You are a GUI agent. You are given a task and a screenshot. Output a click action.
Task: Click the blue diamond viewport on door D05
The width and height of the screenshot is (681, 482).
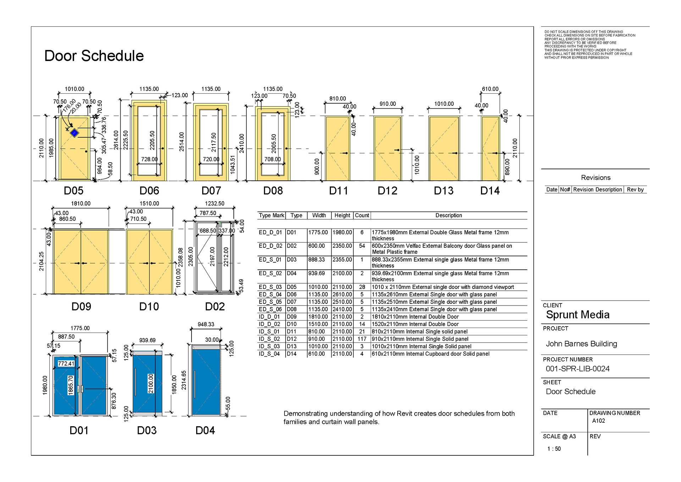(x=74, y=133)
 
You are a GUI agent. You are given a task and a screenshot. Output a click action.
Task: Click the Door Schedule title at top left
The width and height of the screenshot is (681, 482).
(x=94, y=56)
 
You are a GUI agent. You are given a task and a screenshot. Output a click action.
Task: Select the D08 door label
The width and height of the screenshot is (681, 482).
(x=273, y=191)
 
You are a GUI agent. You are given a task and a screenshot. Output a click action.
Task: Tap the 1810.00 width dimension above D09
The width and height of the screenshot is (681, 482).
(x=81, y=204)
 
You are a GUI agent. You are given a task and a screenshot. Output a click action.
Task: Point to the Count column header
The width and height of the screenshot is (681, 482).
(x=362, y=215)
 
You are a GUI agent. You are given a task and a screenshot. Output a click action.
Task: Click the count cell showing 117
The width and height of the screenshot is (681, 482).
(x=362, y=339)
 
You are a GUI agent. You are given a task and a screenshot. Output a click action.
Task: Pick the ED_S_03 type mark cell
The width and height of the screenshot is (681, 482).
(x=270, y=287)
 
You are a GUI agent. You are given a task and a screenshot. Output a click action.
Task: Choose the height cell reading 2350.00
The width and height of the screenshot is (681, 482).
(x=342, y=246)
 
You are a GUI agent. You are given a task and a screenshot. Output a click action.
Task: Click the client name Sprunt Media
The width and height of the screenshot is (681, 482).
(x=577, y=315)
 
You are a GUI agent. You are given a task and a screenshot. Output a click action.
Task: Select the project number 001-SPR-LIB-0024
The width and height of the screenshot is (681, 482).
(x=577, y=369)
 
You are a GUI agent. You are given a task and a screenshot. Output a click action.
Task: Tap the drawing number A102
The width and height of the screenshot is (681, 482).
(x=598, y=421)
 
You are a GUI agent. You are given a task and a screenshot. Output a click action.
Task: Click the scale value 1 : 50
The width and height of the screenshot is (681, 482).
(x=554, y=449)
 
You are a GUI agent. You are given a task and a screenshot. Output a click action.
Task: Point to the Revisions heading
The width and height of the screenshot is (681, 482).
(x=596, y=178)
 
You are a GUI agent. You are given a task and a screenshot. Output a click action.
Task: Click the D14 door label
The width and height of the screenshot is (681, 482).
(x=490, y=191)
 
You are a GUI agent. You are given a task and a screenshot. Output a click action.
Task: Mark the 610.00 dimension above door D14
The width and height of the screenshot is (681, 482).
(x=490, y=89)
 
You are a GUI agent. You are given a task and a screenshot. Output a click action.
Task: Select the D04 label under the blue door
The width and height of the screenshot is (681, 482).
(x=205, y=431)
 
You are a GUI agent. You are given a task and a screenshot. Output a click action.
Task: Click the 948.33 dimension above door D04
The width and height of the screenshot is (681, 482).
(x=206, y=324)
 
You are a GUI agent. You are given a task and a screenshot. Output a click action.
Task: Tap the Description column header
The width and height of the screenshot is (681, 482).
(x=449, y=215)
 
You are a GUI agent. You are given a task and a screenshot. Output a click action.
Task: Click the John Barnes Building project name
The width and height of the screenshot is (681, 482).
(x=581, y=344)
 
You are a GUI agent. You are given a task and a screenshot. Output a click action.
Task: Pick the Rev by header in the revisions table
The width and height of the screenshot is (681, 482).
(x=635, y=190)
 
